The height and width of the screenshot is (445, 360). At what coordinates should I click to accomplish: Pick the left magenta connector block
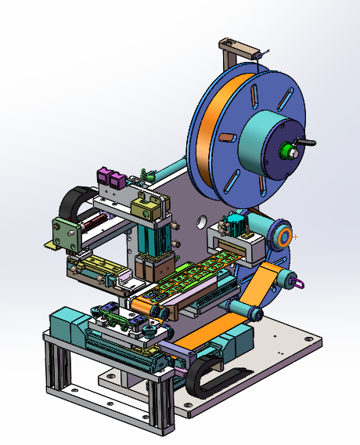tap(103, 177)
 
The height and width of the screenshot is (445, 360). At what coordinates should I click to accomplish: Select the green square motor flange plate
tap(63, 232)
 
